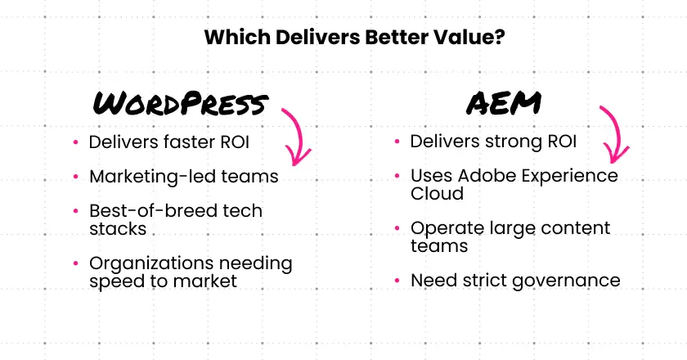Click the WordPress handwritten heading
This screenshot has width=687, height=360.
(181, 104)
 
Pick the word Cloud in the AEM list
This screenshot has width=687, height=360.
(437, 194)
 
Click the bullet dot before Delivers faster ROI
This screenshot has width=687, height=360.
(75, 142)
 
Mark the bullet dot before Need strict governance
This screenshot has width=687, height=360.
(397, 281)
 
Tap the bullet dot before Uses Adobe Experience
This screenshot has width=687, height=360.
(397, 177)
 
